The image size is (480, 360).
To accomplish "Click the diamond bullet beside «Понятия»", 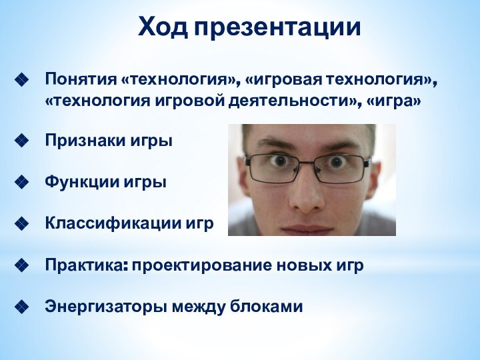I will pyautogui.click(x=21, y=81).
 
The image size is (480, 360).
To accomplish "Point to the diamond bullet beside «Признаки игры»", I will pyautogui.click(x=21, y=141).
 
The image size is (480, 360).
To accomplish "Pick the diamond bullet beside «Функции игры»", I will pyautogui.click(x=21, y=182).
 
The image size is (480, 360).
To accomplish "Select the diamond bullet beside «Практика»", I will pyautogui.click(x=21, y=265).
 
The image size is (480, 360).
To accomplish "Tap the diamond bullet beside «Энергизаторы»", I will pyautogui.click(x=21, y=307).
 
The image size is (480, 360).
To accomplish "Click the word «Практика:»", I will pyautogui.click(x=86, y=265).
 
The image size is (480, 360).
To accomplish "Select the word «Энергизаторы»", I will pyautogui.click(x=107, y=307).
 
